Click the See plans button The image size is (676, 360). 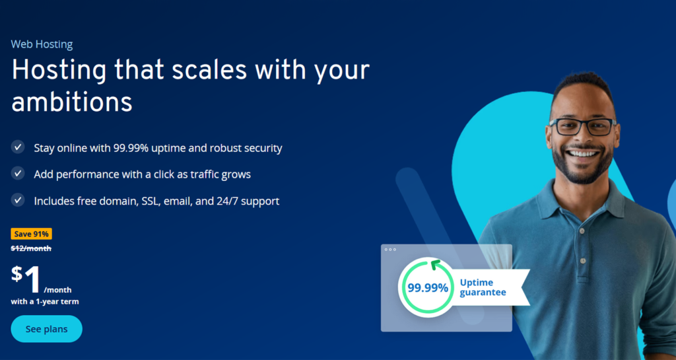pos(47,329)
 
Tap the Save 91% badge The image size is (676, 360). pos(32,234)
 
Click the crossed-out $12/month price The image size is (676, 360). pos(31,248)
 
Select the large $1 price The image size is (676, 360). pos(26,279)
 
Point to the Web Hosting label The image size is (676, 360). pos(42,44)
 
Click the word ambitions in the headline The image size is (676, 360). pos(71,102)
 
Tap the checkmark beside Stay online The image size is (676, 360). pos(18,147)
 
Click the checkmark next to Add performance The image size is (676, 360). pos(18,174)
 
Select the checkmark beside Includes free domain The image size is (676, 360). pos(18,200)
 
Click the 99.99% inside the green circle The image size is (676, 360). pos(428,287)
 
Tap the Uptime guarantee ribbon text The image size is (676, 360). pos(483,287)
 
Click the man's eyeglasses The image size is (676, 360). pos(583,126)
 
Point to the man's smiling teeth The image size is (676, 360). pos(582,153)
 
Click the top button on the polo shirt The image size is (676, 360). pos(582,231)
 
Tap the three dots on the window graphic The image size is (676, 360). pos(390,250)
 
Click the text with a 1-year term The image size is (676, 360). pos(45,302)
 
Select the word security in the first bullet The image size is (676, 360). pos(263,149)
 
